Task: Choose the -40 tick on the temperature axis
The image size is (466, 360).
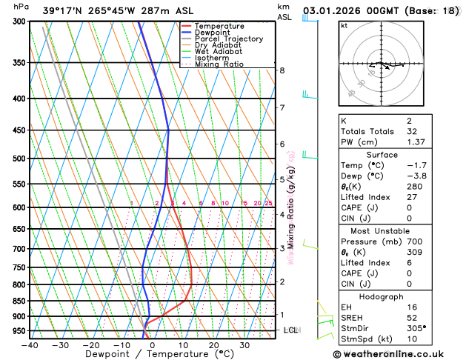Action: [x=30, y=344]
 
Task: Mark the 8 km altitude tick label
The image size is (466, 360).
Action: [x=282, y=70]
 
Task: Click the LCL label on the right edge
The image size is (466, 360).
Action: [x=291, y=330]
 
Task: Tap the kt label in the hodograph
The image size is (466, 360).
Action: [x=344, y=25]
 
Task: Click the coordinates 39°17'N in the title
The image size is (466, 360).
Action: [x=63, y=10]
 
